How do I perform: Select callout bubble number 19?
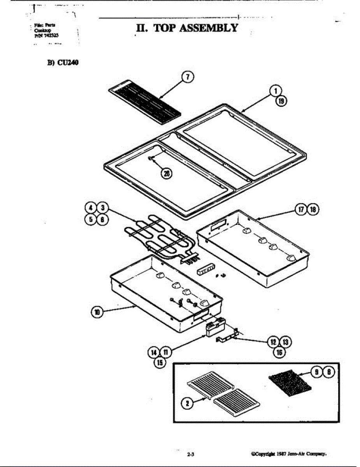coord(281,101)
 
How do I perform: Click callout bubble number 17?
coord(302,209)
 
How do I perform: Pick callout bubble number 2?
coord(188,404)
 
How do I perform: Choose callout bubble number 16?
coord(279,352)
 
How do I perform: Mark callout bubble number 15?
coord(159,362)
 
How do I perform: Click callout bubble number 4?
coord(91,207)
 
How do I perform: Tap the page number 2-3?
coord(191,454)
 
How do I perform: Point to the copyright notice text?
coord(289,454)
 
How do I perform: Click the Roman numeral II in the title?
coord(141,28)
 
